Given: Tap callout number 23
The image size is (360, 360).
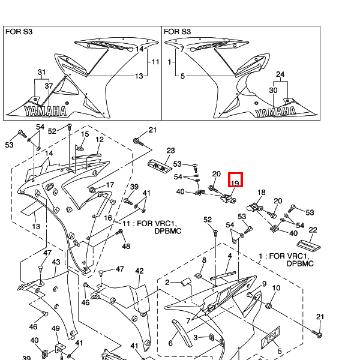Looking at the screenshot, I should coord(170,151).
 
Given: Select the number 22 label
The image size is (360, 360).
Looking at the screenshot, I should coord(313,230).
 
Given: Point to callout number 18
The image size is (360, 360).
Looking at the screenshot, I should coord(261,193).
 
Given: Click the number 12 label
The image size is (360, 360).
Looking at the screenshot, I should coord(100,139).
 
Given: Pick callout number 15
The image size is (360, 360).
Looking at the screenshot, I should coord(85,134).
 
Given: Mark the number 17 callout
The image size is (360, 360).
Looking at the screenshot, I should coord(110,185).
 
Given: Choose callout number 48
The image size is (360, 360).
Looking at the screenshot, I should coord(126,246).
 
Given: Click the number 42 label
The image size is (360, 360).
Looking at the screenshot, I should coord(139,271).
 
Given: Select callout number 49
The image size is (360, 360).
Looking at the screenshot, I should coord(55,329).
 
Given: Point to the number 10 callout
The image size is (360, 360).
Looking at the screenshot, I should coord(277,289).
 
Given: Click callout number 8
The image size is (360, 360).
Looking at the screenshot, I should coord(204,260).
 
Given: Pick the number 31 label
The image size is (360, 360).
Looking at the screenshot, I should coord(41,73).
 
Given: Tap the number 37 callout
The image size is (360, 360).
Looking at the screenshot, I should coord(49,86).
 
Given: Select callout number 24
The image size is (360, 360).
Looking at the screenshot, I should coord(280,74).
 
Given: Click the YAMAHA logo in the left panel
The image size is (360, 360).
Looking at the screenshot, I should coord(45,110).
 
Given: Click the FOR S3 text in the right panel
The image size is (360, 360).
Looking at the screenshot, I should coord(177,31).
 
